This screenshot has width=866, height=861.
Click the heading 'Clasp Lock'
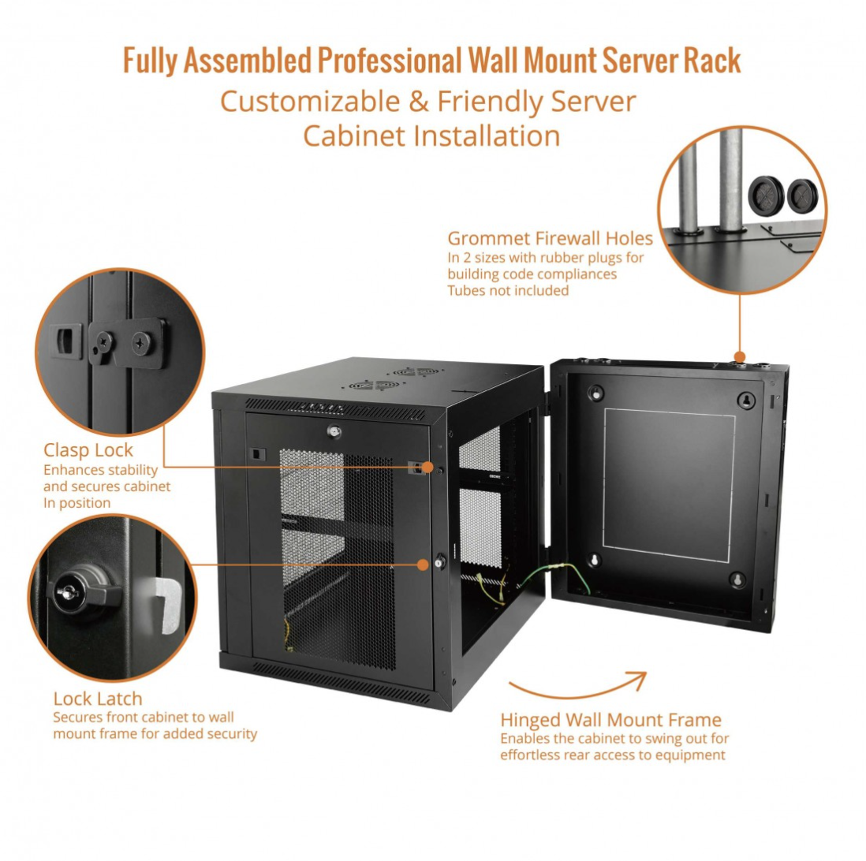(88, 450)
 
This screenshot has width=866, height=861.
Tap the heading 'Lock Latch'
(98, 699)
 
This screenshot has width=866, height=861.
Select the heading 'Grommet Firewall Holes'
(550, 238)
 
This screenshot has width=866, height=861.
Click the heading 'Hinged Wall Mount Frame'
(610, 719)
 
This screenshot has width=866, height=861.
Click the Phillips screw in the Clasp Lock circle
(143, 341)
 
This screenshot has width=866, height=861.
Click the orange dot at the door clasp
(427, 468)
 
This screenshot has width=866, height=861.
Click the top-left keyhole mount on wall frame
(596, 393)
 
